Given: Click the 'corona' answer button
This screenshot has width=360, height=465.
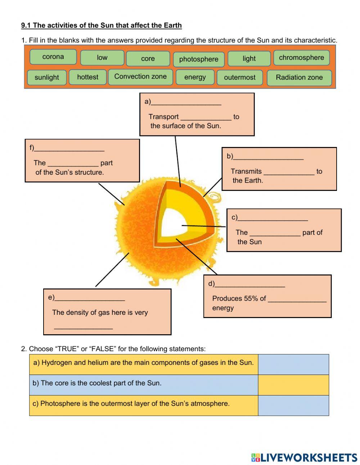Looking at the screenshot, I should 53,57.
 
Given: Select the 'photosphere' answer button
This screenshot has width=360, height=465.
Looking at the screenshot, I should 199,59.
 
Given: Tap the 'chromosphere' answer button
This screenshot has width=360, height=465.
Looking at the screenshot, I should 301,58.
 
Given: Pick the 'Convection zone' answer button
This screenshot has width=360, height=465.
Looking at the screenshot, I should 140,77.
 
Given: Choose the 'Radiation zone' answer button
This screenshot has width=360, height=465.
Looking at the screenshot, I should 299,78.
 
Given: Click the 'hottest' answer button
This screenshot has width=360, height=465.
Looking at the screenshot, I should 87,77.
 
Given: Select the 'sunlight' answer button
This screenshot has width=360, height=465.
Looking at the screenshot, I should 47,77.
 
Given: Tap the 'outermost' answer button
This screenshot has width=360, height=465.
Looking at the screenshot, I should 239,77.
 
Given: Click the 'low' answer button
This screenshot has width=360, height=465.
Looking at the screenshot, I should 102,58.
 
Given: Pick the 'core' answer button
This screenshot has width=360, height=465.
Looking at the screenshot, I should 148,59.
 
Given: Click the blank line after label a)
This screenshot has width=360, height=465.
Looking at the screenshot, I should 186,102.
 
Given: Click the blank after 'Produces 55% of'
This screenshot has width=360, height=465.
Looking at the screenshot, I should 297,299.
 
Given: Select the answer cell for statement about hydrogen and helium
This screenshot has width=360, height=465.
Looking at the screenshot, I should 293,364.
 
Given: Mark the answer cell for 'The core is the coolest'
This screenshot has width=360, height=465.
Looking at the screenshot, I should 293,385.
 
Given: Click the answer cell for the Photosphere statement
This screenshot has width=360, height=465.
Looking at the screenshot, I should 293,405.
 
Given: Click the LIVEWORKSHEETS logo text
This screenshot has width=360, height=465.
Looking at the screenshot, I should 308,457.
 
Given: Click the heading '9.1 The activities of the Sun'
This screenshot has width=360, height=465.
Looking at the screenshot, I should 102,25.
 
